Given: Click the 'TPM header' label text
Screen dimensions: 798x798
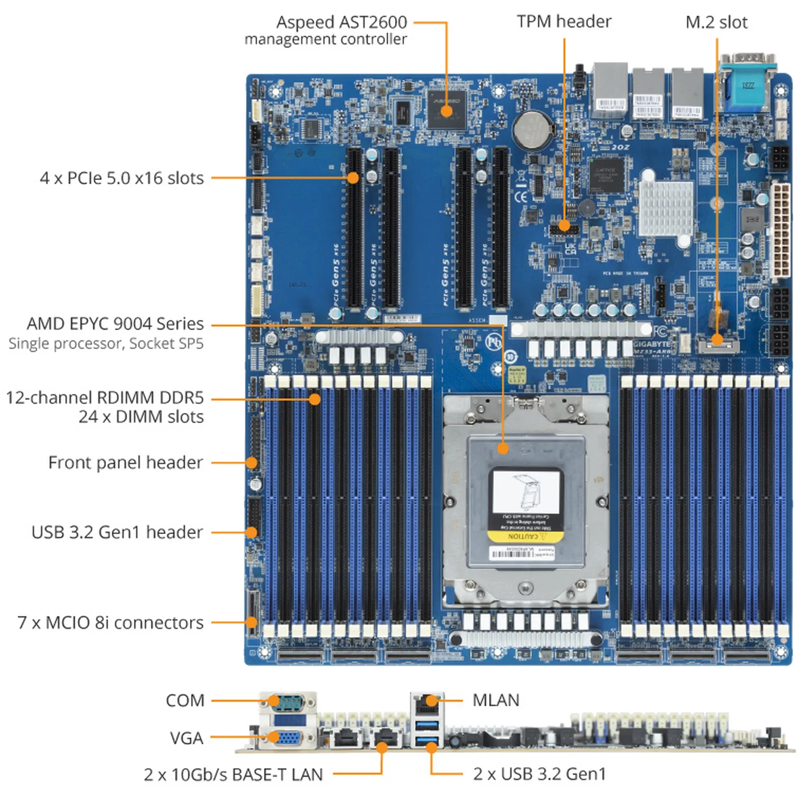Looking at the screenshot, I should coord(564,21).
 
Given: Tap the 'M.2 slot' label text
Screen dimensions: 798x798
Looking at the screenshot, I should coord(716,22).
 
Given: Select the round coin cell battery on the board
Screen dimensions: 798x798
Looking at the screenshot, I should coord(533,129).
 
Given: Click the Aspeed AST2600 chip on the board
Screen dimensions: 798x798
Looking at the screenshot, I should coord(446,109).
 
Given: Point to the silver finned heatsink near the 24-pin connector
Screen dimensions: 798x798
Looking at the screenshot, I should coord(665,208).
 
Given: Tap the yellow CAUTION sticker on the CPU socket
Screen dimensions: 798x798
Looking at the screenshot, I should coord(525,536).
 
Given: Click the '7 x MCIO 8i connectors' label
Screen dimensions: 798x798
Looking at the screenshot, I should coord(110,622).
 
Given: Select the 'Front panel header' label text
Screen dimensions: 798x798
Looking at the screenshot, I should coord(125,462).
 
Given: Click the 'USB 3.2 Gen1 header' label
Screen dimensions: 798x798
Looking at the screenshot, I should coord(117,532).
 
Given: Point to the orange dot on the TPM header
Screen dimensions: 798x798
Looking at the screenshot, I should coord(564,225).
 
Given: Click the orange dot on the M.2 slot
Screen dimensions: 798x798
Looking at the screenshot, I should coord(717,340).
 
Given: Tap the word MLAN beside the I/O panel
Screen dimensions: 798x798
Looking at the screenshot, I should coord(495,700).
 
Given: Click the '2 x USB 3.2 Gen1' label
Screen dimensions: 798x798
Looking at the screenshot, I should coord(539,774).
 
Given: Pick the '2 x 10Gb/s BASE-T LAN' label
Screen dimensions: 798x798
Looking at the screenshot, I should coord(233,774).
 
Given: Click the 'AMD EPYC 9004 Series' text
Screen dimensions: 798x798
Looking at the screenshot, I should coord(115,324).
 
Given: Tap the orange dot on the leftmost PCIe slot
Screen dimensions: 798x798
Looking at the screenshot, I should coord(353,178).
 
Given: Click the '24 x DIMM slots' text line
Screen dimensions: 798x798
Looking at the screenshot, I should coord(141,416).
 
